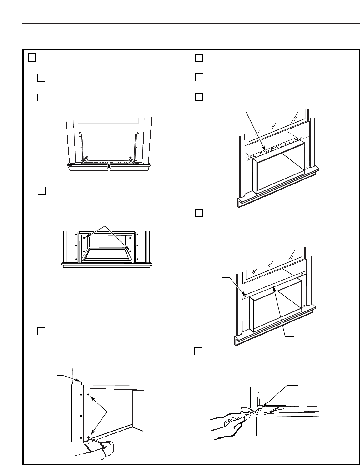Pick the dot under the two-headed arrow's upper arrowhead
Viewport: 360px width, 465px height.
tap(88, 395)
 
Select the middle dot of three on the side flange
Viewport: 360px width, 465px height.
tap(81, 416)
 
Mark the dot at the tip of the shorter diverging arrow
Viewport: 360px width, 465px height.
tap(84, 238)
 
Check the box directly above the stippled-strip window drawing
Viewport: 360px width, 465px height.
tap(199, 97)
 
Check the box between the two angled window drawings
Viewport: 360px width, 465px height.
tap(199, 213)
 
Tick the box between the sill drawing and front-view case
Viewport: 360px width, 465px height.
tap(42, 190)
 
